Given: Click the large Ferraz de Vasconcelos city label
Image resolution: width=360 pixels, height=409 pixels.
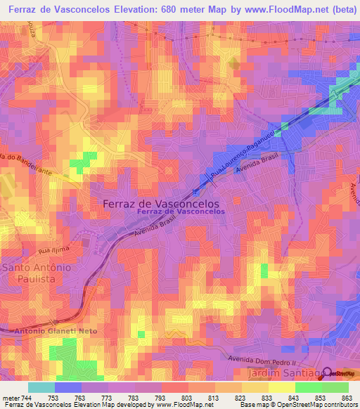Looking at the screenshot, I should click(x=161, y=202).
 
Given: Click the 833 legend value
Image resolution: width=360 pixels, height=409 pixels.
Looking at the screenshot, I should click(x=267, y=397).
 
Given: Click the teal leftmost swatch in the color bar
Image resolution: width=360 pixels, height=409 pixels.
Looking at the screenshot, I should click(x=41, y=387).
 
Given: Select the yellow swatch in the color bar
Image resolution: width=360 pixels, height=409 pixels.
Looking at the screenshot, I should click(x=282, y=387).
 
